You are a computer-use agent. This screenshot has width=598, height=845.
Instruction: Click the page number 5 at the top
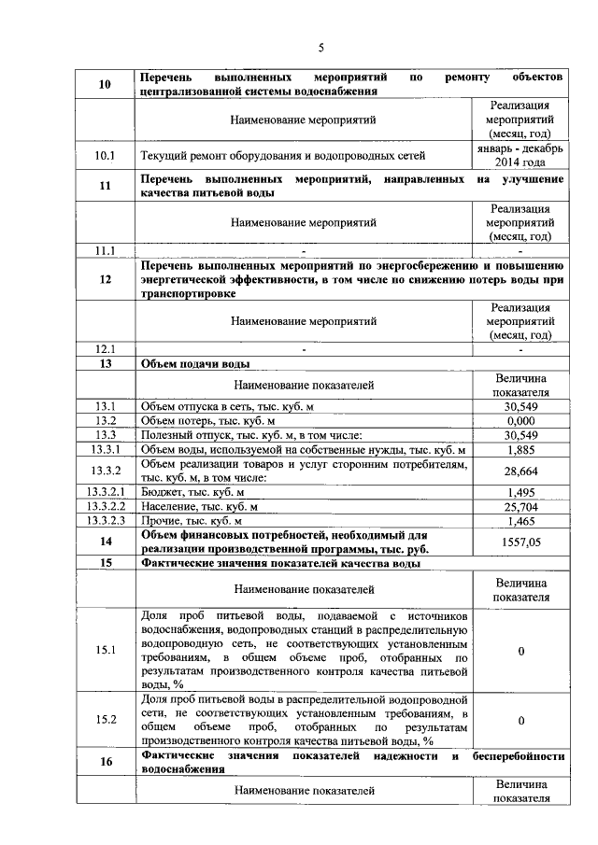coord(320,49)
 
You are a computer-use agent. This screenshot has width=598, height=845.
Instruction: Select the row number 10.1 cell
coord(105,156)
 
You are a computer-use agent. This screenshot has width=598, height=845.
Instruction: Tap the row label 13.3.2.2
coord(105,506)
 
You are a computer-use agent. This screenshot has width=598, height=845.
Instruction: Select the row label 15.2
coord(105,719)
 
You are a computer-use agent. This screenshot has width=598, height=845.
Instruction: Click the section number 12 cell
coord(105,279)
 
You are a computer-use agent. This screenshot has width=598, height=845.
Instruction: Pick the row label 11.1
coord(105,250)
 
